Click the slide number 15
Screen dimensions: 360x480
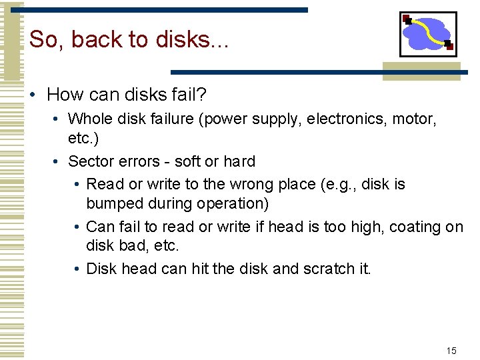451,351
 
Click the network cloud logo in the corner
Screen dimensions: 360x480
428,33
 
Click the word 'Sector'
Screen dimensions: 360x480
89,161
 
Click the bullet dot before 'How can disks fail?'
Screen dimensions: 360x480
31,95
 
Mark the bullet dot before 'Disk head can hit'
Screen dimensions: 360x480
78,269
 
